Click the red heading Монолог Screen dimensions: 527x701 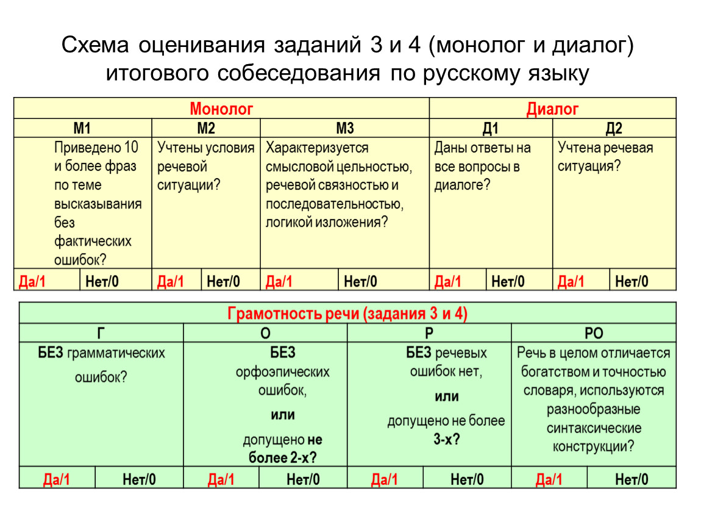221,109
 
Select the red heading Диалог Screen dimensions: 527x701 552,109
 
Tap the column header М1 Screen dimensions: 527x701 82,128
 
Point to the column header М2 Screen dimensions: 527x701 206,128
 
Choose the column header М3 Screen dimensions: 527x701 344,128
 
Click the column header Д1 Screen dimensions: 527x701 491,128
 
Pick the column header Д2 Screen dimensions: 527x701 614,128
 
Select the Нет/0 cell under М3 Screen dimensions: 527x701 361,281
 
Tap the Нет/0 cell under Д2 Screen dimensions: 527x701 632,281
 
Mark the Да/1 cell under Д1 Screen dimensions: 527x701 447,281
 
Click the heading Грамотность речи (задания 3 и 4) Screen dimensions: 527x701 347,314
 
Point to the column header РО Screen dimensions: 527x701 594,333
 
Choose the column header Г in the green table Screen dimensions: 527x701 101,333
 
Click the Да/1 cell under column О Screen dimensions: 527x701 221,479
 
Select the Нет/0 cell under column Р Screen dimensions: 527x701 468,479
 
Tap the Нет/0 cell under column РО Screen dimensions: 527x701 632,479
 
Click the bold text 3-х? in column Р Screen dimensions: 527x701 447,439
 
